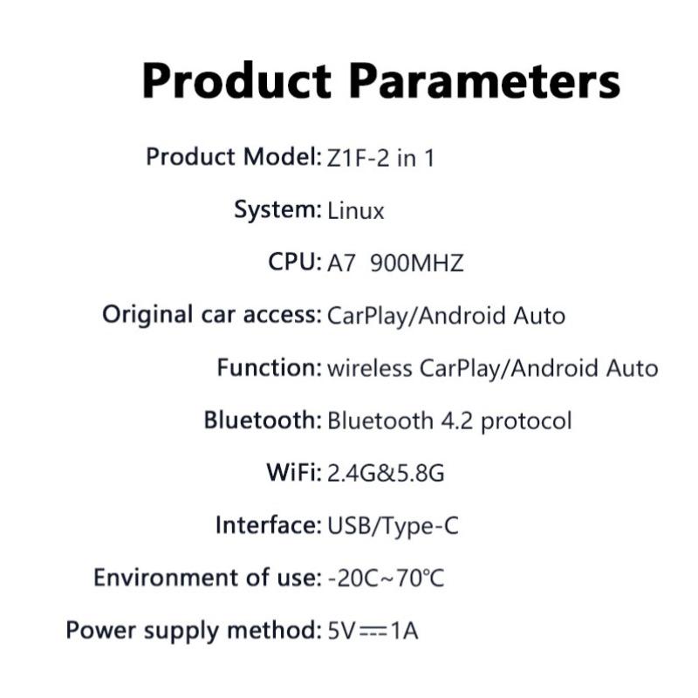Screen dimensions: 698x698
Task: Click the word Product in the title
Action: (x=236, y=81)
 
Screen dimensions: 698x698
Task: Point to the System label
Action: (x=277, y=210)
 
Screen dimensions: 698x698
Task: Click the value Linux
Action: (x=355, y=211)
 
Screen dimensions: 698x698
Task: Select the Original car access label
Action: (x=210, y=315)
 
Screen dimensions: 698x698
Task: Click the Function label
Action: (x=268, y=367)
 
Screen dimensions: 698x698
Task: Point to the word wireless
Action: (x=369, y=368)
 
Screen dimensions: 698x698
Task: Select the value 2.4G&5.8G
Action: (x=386, y=474)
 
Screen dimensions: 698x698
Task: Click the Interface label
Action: (x=266, y=525)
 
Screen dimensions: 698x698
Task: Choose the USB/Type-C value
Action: (x=393, y=526)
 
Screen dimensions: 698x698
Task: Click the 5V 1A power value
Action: (x=373, y=631)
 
